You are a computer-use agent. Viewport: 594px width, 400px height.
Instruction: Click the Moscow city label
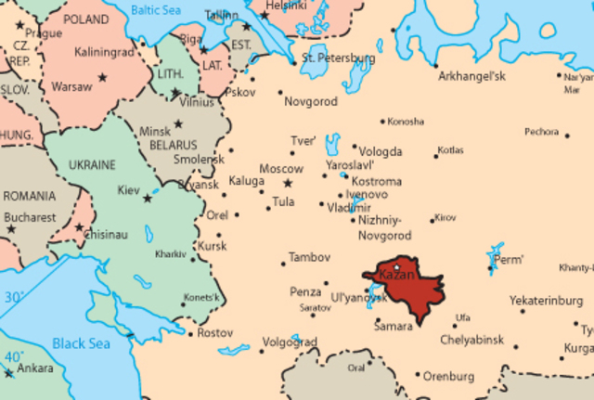coord(280,169)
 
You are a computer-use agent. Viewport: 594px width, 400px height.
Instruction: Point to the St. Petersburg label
coord(339,58)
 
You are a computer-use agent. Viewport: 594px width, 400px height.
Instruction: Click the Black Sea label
coord(81,343)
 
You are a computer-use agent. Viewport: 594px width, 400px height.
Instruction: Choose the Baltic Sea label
coord(157,10)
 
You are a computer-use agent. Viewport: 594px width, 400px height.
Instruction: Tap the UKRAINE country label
coord(92,165)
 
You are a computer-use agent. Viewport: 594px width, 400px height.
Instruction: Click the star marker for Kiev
coord(147,198)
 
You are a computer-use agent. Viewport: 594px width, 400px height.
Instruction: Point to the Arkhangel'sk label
coord(471,76)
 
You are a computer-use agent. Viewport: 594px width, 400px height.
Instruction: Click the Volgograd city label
coord(290,342)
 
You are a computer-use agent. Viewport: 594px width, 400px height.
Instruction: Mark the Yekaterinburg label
coord(546,301)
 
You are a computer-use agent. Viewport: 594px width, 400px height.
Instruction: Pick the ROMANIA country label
coord(29,197)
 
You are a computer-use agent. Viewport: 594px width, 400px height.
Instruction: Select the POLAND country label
coord(87,18)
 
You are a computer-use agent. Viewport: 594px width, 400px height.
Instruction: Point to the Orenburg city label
coord(448,377)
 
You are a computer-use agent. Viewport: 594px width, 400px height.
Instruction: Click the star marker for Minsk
coord(178,123)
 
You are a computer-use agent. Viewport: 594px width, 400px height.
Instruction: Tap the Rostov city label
coord(215,332)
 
